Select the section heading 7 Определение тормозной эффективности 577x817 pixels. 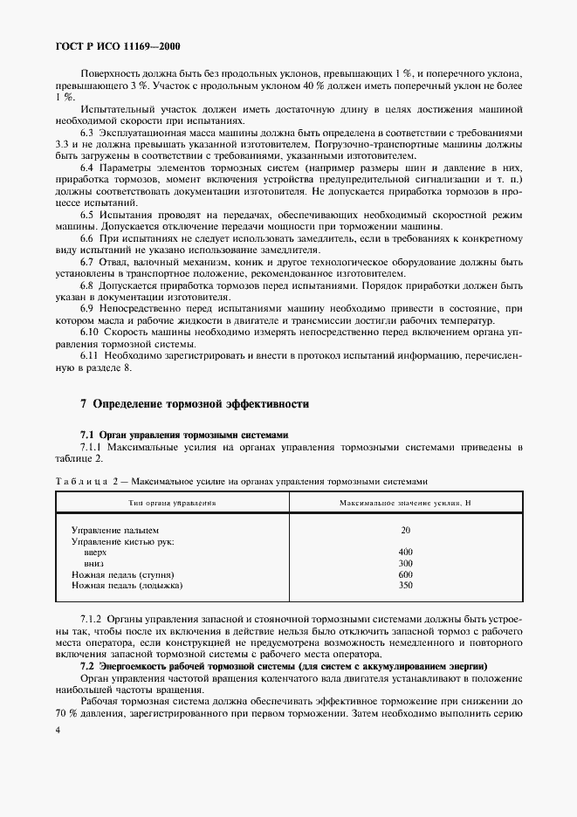[194, 404]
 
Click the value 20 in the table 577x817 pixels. [405, 530]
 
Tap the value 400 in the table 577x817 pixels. [405, 553]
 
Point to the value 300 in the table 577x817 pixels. [405, 564]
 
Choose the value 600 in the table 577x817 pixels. [405, 574]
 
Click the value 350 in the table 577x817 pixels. [405, 586]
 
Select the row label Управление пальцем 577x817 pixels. [115, 530]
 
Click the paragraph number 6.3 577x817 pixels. [86, 131]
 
